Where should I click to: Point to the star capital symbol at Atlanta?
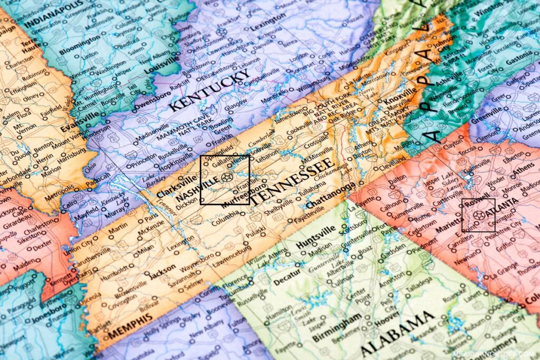tap(478, 216)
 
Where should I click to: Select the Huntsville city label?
tap(316, 238)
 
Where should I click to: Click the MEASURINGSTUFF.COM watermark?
tap(493, 354)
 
